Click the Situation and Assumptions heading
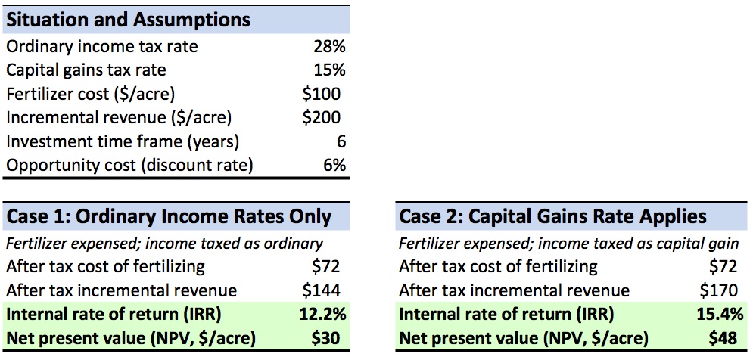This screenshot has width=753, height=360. (128, 19)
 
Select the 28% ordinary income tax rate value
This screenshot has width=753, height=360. (329, 47)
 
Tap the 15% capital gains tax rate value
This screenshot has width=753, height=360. (329, 70)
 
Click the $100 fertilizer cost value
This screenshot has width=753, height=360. (322, 94)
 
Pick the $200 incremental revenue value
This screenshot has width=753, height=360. (322, 117)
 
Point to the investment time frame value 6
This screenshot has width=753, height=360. (340, 141)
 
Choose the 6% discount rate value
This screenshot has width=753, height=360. (334, 165)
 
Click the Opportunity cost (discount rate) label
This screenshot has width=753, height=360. (129, 165)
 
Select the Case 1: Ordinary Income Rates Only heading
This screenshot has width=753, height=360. (169, 217)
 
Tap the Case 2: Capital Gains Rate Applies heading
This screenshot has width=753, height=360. (552, 217)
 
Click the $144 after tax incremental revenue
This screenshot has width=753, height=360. (322, 290)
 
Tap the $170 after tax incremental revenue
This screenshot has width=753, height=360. (714, 290)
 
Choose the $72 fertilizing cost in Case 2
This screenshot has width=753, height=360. (720, 266)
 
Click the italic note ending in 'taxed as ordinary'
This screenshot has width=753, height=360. (164, 244)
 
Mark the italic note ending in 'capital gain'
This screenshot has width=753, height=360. (568, 244)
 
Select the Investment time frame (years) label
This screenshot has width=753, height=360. (123, 141)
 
